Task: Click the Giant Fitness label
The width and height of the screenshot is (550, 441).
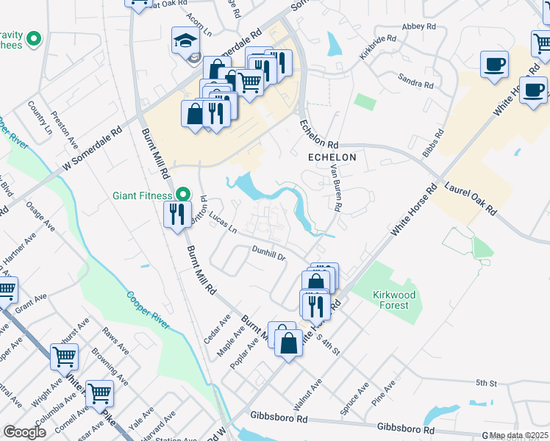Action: tap(142, 196)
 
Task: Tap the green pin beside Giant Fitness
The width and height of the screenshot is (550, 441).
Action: tap(182, 196)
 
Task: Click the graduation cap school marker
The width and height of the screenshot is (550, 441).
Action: tap(186, 43)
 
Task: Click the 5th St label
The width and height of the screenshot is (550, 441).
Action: tap(487, 383)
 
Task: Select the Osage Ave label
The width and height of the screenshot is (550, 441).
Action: tap(40, 218)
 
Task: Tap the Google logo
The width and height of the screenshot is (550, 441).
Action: tap(24, 432)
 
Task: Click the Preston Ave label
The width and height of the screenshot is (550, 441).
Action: tap(65, 127)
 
